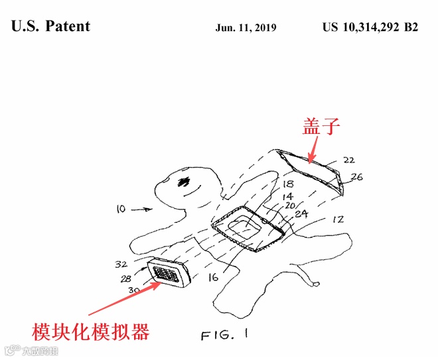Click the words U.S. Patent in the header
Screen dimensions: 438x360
(51, 27)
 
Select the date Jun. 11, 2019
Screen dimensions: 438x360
(246, 28)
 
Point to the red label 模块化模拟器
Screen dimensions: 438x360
(92, 330)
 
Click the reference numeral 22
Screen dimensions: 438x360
(349, 160)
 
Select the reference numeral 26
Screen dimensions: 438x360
(356, 178)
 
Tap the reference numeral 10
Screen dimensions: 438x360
(120, 209)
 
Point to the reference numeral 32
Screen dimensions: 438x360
(121, 264)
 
